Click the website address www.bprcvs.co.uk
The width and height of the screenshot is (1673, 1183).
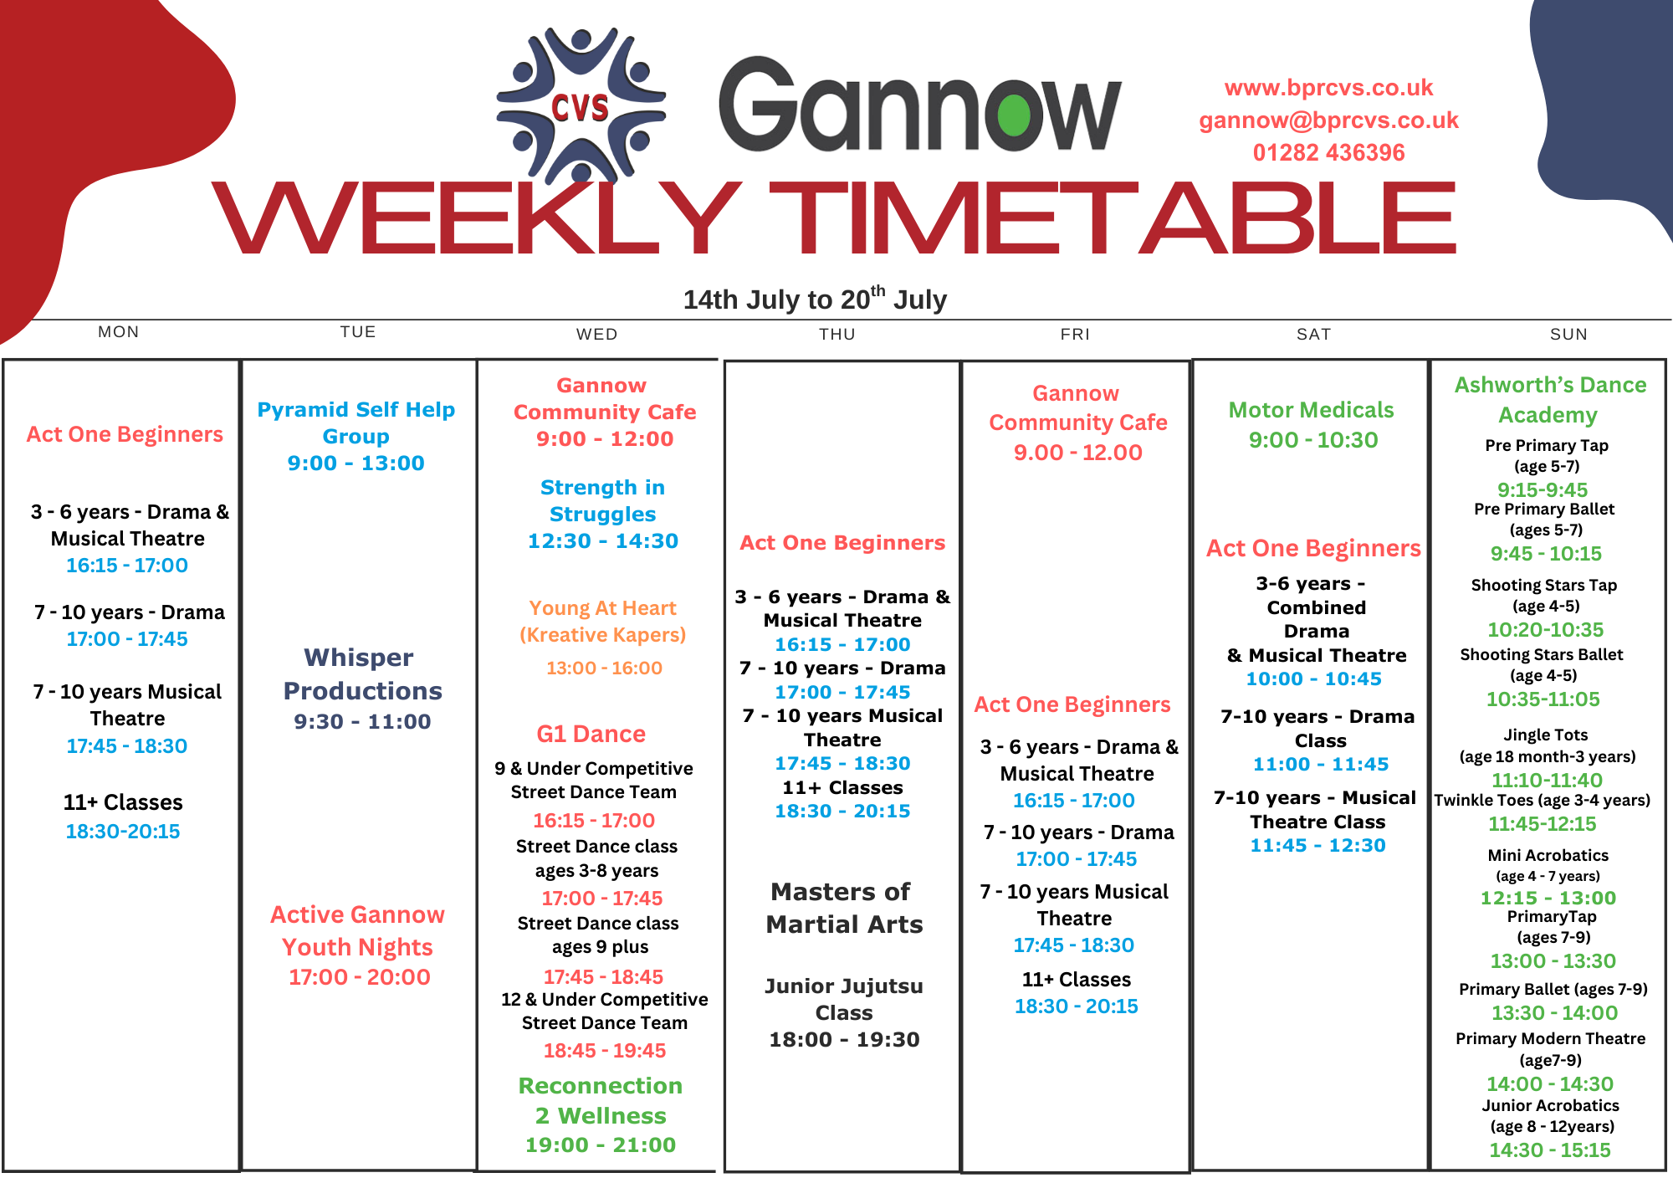click(x=1328, y=88)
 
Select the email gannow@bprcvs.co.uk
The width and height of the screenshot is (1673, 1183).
click(x=1328, y=120)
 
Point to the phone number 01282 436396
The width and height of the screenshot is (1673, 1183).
click(x=1328, y=152)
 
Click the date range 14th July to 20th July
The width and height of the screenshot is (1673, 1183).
click(x=815, y=299)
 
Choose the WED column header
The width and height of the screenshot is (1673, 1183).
click(x=596, y=335)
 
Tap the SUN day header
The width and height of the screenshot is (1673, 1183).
click(x=1568, y=335)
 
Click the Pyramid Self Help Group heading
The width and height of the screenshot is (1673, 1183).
click(x=356, y=422)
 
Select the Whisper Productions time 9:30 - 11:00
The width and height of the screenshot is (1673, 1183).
click(x=362, y=721)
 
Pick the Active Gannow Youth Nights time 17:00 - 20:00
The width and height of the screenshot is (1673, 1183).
click(x=360, y=977)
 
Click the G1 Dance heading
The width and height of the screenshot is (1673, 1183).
click(x=591, y=734)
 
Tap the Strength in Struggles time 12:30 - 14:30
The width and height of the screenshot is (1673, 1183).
click(x=603, y=541)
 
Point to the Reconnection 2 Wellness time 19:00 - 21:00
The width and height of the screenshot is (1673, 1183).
click(x=601, y=1145)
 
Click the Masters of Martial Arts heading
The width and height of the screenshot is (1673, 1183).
click(x=843, y=908)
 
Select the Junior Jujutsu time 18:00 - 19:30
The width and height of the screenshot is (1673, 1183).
click(x=844, y=1040)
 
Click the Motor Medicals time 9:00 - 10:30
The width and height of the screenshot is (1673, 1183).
click(x=1313, y=440)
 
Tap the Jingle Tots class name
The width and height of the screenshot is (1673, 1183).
click(x=1546, y=735)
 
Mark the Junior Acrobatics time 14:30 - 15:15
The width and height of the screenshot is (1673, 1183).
click(x=1550, y=1150)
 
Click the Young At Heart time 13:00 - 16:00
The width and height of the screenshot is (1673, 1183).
click(x=604, y=668)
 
